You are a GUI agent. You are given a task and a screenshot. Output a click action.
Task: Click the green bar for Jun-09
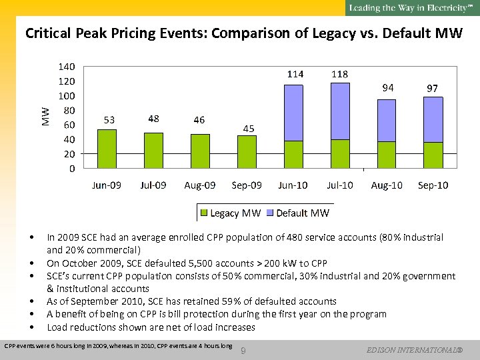point(107,148)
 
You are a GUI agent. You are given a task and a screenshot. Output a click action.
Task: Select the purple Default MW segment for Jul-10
point(340,111)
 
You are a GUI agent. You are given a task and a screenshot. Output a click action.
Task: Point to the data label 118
point(340,74)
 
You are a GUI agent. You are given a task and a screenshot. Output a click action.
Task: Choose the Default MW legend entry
point(297,213)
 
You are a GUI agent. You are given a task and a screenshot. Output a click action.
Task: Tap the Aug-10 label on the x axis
point(387,185)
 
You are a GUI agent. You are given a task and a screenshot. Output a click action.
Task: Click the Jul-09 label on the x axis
point(153,185)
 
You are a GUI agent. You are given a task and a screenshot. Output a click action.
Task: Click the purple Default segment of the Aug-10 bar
point(387,120)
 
